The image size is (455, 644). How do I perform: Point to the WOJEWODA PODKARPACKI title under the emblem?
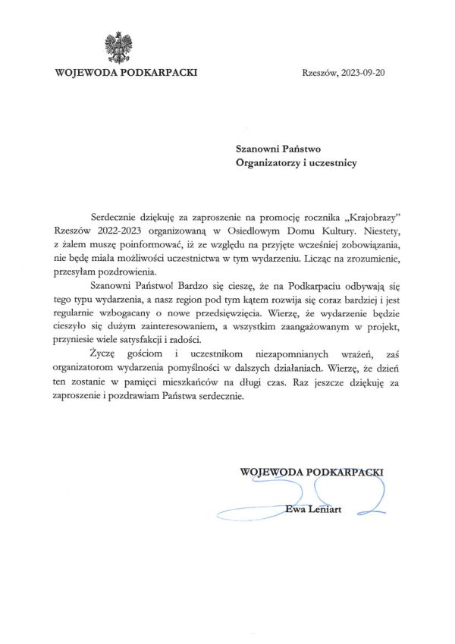(127, 73)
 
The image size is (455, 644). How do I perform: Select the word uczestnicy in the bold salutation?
(328, 162)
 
